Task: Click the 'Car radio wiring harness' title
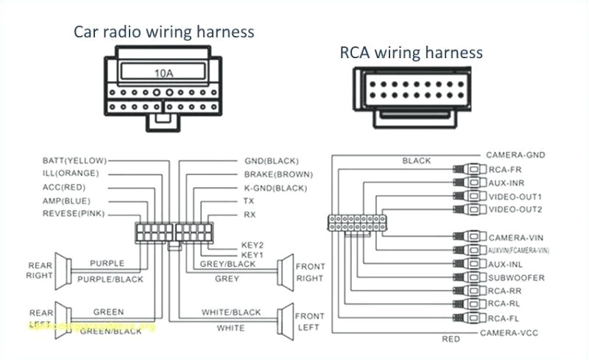pyautogui.click(x=163, y=32)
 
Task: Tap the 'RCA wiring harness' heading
pyautogui.click(x=411, y=52)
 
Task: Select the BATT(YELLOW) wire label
pyautogui.click(x=74, y=160)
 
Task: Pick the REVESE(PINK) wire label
pyautogui.click(x=74, y=213)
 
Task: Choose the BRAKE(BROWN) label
pyautogui.click(x=278, y=174)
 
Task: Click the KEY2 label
pyautogui.click(x=252, y=244)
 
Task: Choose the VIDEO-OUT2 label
pyautogui.click(x=515, y=211)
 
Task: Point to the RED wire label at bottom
pyautogui.click(x=451, y=339)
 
